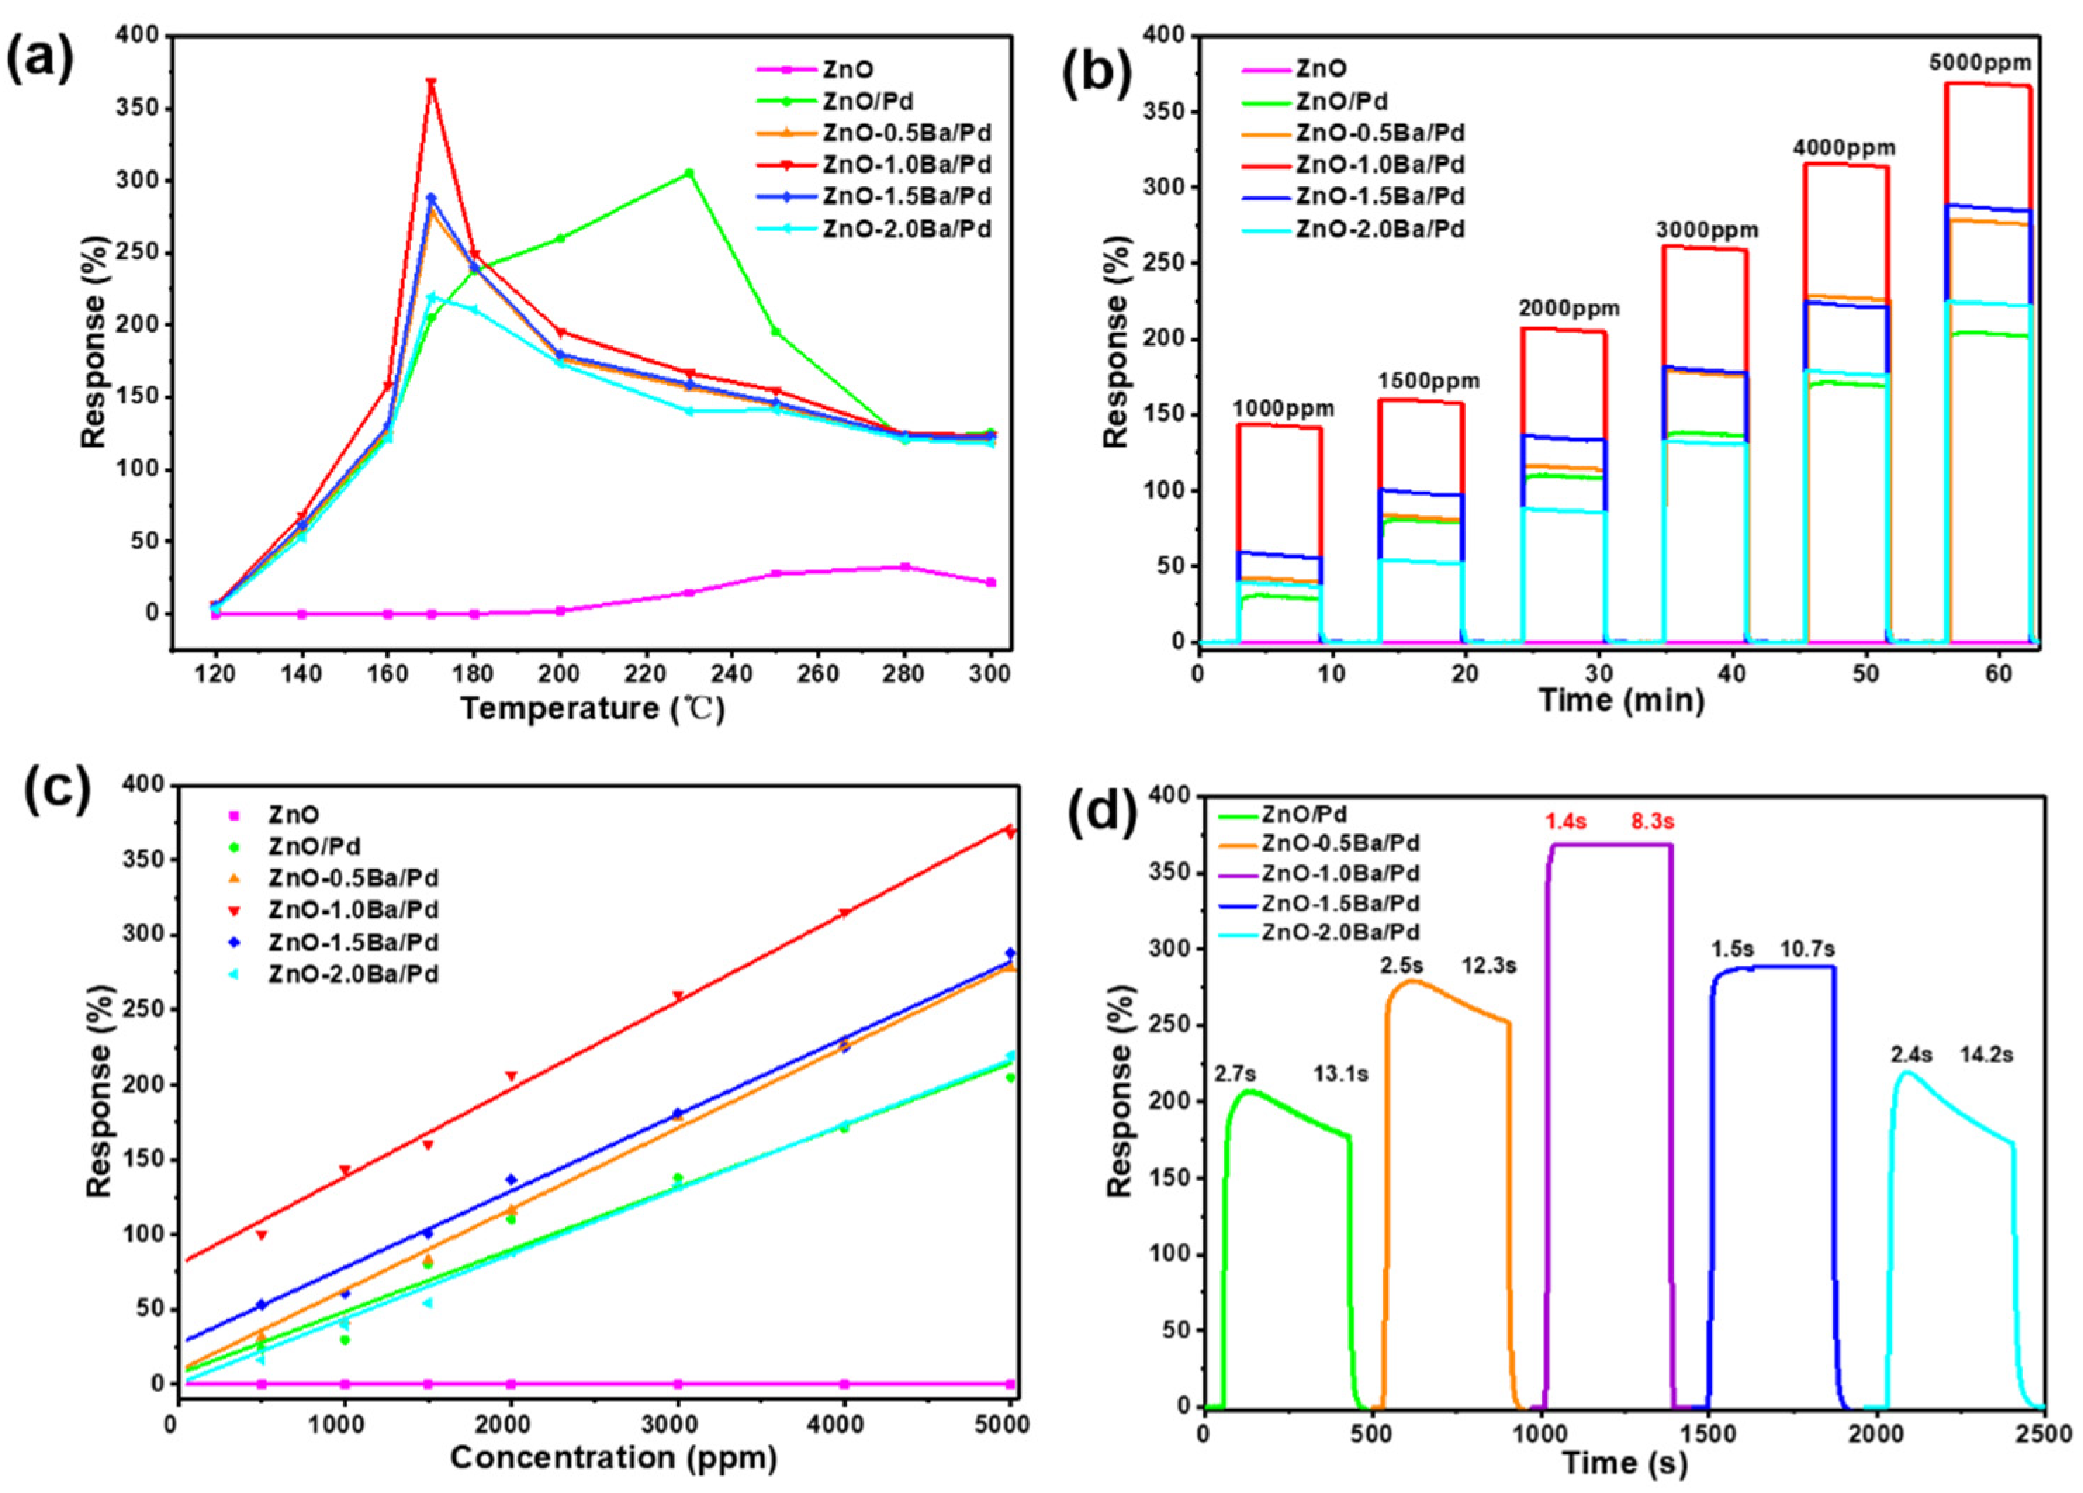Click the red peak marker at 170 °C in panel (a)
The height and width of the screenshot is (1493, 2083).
pos(431,84)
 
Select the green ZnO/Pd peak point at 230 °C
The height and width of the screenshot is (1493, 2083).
pos(688,172)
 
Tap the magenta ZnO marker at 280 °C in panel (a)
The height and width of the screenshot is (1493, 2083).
pos(904,567)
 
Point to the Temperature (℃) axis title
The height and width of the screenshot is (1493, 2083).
pos(592,710)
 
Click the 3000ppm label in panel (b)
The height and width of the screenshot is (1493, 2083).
pos(1707,229)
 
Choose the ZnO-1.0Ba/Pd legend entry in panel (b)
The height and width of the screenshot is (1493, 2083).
pos(1380,165)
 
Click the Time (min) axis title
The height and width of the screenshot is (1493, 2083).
pos(1620,700)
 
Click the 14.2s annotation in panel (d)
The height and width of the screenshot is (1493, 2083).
pos(1987,1055)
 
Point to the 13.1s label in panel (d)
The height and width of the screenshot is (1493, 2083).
pos(1342,1073)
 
